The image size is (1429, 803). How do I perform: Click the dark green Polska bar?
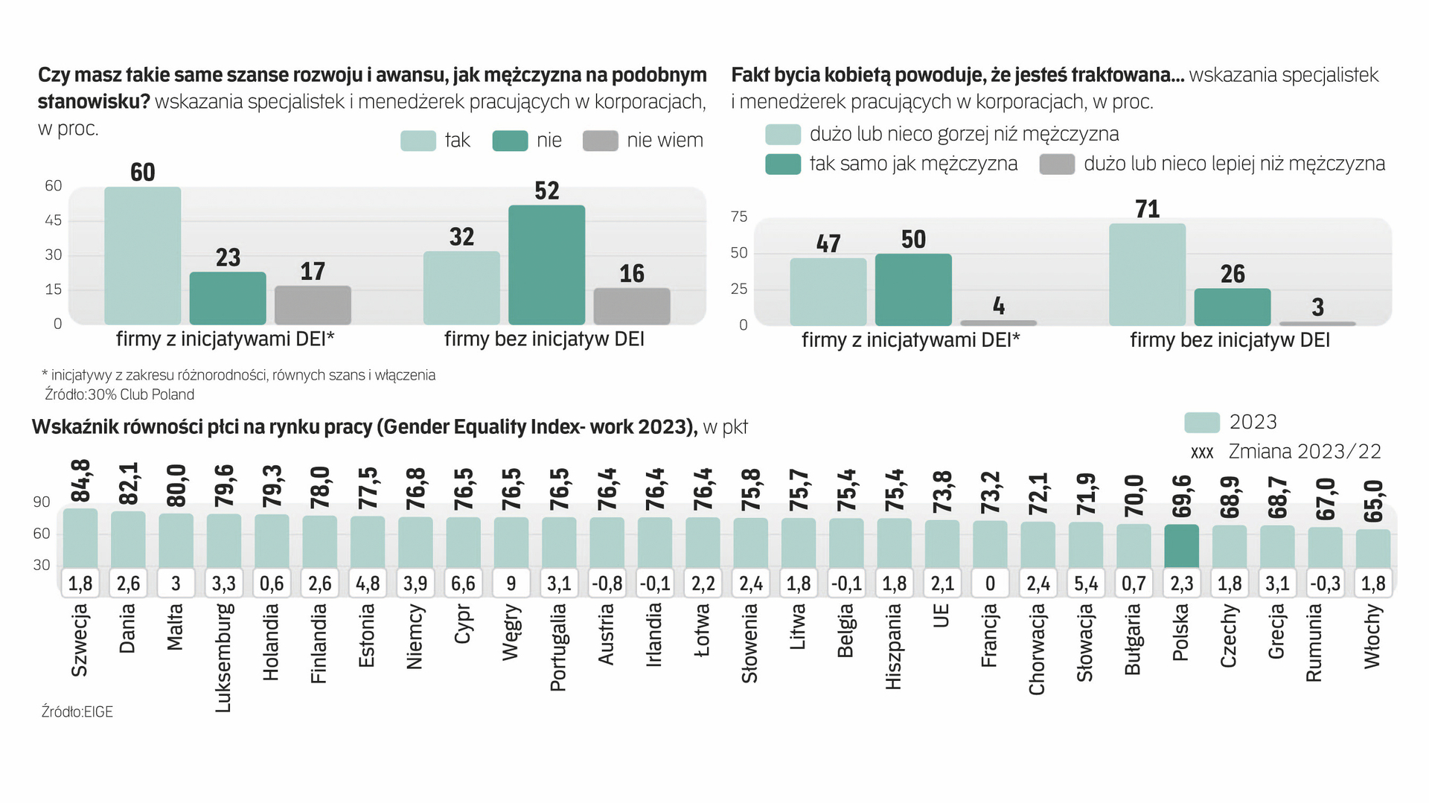tap(1181, 546)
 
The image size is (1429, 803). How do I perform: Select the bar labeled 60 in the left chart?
tap(142, 255)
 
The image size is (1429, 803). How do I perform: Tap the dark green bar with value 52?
tap(546, 264)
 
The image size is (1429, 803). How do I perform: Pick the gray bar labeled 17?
tap(313, 305)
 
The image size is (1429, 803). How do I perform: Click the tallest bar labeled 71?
tap(1147, 274)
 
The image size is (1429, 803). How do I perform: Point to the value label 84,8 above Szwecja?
tap(80, 481)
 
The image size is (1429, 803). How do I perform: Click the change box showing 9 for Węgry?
tap(511, 583)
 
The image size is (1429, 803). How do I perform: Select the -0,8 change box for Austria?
tap(607, 583)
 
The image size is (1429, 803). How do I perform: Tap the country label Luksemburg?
tap(223, 657)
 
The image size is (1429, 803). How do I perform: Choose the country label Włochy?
tap(1373, 636)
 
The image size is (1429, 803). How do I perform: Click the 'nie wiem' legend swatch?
tap(600, 141)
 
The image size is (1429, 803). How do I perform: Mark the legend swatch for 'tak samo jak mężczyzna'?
tap(783, 164)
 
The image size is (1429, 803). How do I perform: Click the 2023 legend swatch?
tap(1201, 423)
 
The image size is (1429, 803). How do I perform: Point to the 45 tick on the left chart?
tap(54, 220)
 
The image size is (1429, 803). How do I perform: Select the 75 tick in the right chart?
tap(738, 217)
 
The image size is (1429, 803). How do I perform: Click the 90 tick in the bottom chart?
tap(42, 502)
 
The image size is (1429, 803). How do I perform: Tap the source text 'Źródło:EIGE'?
tap(77, 712)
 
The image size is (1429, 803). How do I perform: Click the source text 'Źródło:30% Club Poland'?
tap(120, 395)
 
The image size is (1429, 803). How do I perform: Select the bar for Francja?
tap(990, 544)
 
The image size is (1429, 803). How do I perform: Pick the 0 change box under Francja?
tap(990, 583)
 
